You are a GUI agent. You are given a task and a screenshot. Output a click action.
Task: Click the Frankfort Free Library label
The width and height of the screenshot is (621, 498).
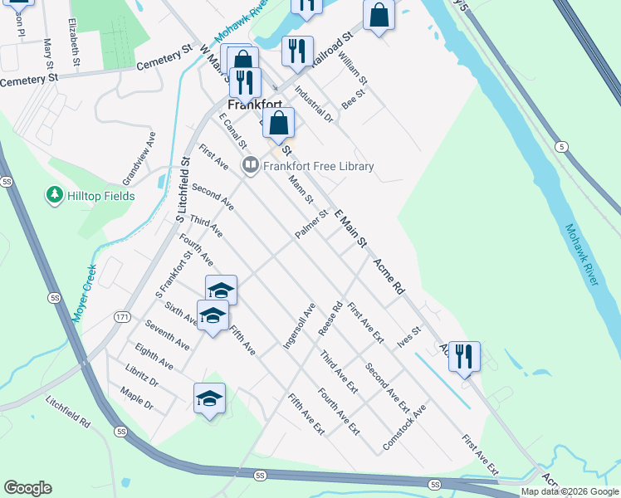(318, 166)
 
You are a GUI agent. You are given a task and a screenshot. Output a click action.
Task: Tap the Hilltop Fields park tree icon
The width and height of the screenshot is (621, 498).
(56, 196)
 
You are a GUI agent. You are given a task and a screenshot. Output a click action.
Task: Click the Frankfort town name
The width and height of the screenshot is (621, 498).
(254, 105)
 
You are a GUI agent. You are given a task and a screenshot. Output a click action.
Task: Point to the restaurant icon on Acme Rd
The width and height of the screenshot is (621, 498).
(464, 357)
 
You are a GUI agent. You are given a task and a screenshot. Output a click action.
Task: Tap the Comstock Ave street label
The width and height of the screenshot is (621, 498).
(404, 428)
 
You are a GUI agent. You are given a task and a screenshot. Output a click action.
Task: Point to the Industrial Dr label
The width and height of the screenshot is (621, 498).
(313, 106)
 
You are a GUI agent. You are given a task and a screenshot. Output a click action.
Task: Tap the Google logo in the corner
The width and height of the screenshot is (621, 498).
(27, 488)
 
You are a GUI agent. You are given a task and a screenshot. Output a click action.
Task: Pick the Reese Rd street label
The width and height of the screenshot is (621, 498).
(330, 318)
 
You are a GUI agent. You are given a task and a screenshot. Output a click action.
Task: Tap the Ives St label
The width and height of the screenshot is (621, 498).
(409, 337)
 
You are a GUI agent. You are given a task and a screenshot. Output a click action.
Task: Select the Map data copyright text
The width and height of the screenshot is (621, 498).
(570, 491)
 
